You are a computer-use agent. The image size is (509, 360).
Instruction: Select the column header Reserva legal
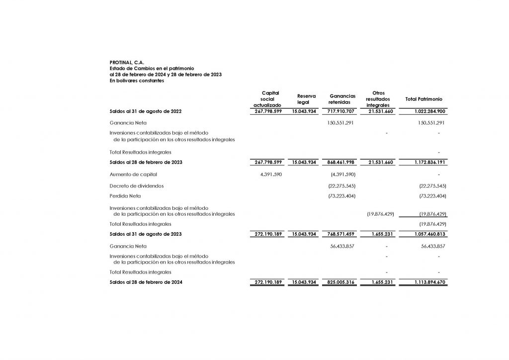pyautogui.click(x=306, y=99)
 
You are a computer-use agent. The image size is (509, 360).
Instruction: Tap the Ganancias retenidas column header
pyautogui.click(x=342, y=99)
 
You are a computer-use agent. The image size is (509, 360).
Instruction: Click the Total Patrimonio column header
pyautogui.click(x=424, y=99)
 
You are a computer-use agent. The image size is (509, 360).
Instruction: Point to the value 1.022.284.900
pyautogui.click(x=429, y=111)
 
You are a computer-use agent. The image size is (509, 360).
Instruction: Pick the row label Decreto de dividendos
pyautogui.click(x=137, y=185)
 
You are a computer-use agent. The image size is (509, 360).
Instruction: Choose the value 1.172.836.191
pyautogui.click(x=429, y=162)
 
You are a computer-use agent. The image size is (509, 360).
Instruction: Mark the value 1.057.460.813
pyautogui.click(x=429, y=234)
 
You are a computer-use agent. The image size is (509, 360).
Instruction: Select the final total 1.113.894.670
pyautogui.click(x=429, y=282)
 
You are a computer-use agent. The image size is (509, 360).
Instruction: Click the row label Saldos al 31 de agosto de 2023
pyautogui.click(x=145, y=234)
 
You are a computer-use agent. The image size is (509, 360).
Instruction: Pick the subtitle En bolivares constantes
pyautogui.click(x=136, y=80)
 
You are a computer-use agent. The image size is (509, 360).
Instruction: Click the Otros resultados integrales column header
pyautogui.click(x=378, y=99)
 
